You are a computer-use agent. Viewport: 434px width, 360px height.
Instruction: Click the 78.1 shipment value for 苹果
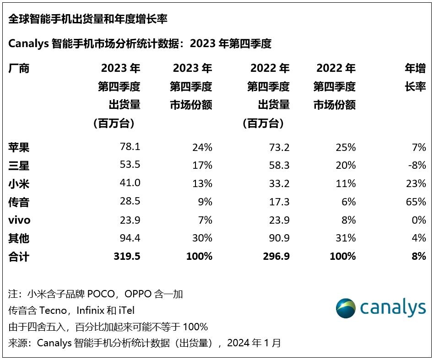(x=130, y=147)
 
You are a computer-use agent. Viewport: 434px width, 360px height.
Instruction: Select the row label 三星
(x=19, y=165)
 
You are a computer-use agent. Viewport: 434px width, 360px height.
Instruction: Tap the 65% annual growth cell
(x=415, y=202)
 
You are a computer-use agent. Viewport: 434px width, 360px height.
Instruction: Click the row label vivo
(x=19, y=220)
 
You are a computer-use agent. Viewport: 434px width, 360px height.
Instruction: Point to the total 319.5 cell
(x=127, y=256)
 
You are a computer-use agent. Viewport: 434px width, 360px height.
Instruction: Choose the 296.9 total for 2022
(x=277, y=256)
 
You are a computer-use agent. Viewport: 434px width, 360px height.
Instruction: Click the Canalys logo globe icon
(x=346, y=308)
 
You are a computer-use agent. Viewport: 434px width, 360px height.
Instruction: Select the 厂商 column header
(x=19, y=69)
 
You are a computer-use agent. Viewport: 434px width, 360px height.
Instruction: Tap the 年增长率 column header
(x=415, y=78)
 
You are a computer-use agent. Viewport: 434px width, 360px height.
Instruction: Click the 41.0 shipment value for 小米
(x=130, y=183)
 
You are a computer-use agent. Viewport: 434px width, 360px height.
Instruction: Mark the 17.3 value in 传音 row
(x=279, y=202)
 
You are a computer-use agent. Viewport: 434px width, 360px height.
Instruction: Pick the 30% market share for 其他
(x=202, y=238)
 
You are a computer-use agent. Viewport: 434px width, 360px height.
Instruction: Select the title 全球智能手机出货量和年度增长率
(x=87, y=19)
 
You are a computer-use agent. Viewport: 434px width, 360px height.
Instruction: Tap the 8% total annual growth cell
(x=418, y=256)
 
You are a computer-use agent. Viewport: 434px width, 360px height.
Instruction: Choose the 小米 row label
(x=19, y=183)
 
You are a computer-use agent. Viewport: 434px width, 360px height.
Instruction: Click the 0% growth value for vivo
(x=418, y=220)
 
